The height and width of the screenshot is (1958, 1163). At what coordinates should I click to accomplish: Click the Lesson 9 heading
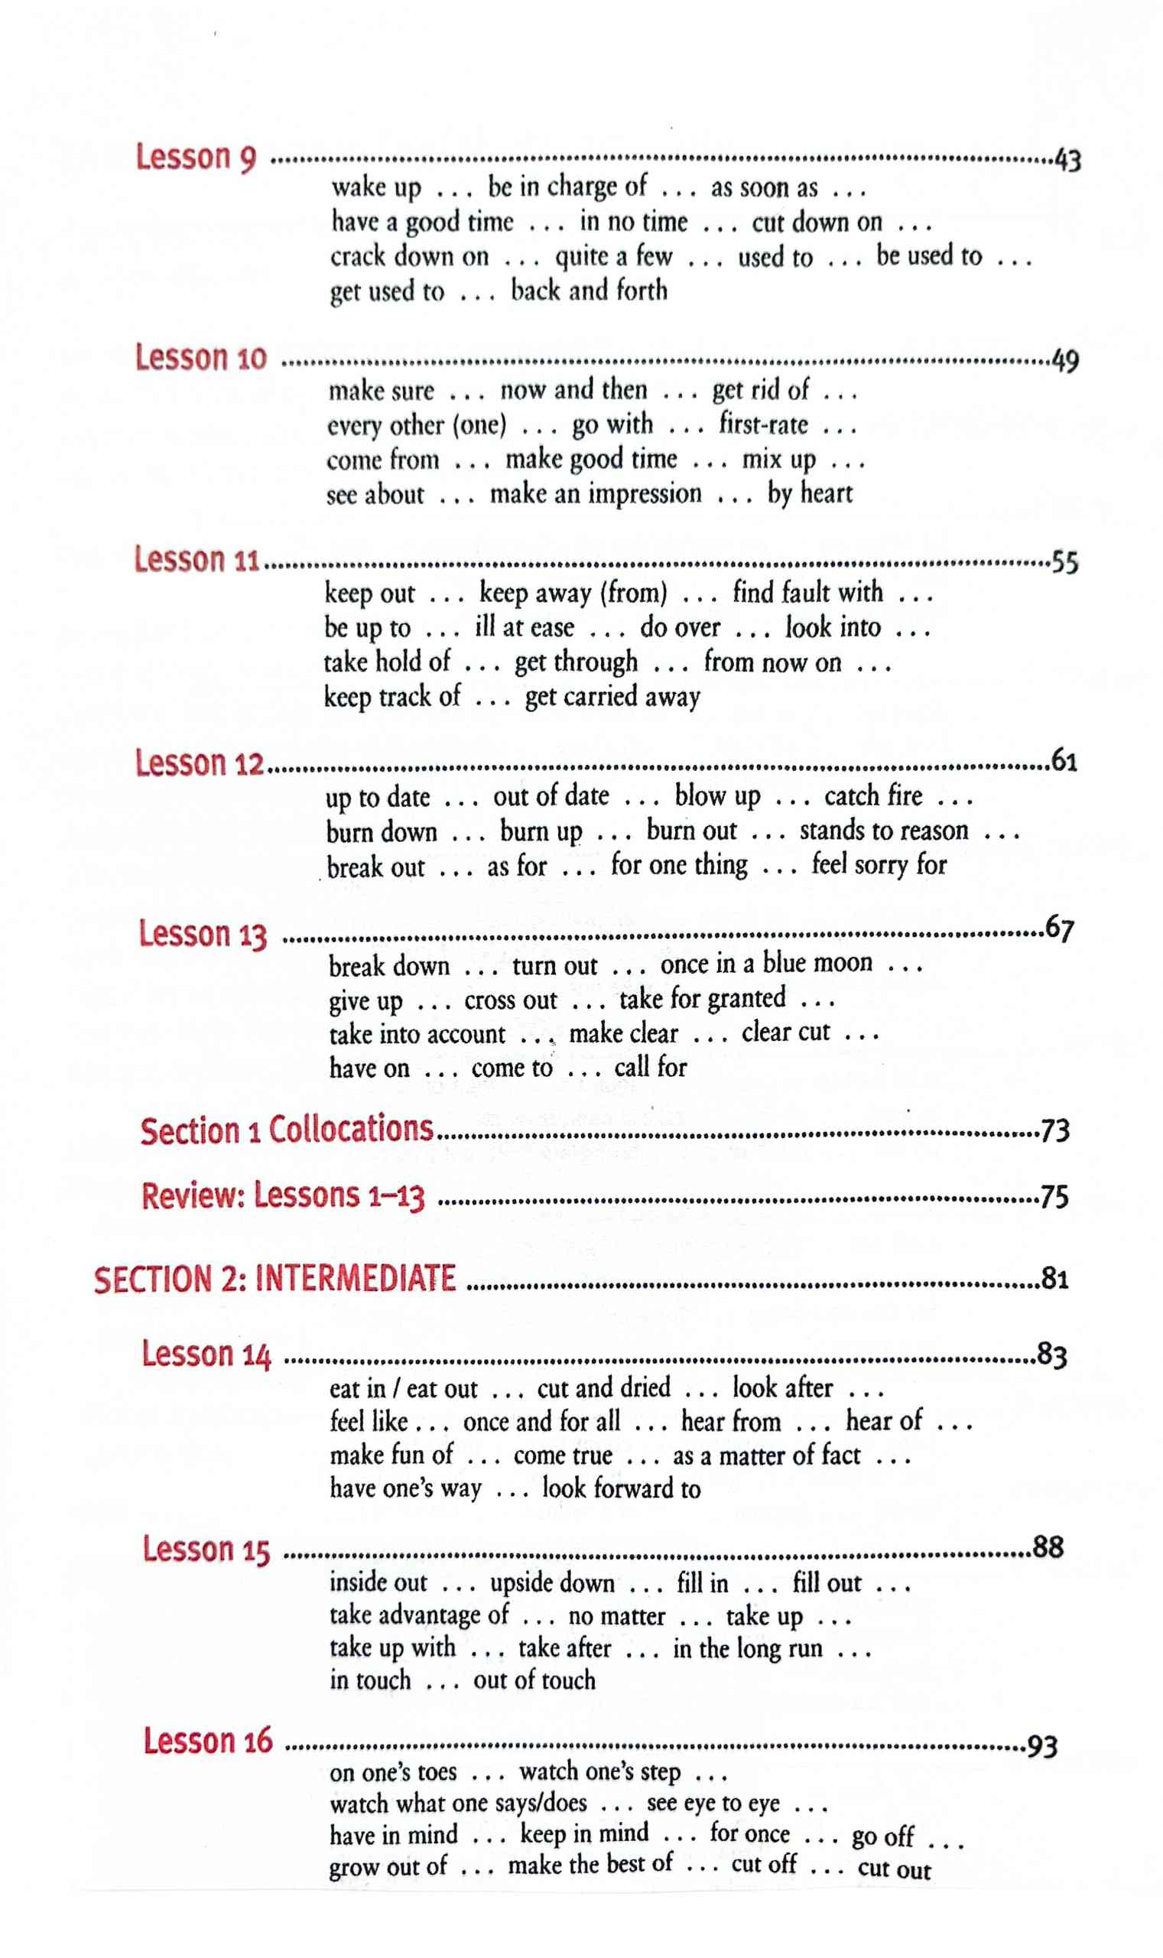[x=196, y=158]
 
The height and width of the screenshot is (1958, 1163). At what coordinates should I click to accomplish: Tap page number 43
[x=1067, y=161]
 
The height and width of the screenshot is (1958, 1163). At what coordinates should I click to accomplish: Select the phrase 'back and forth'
[x=589, y=291]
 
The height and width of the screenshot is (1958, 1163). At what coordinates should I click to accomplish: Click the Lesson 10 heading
[x=200, y=358]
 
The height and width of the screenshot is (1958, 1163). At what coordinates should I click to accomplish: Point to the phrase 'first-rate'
[x=763, y=424]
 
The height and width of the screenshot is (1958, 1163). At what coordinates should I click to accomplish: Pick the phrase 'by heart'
[x=810, y=494]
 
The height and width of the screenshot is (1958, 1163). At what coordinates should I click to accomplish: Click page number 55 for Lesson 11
[x=1064, y=562]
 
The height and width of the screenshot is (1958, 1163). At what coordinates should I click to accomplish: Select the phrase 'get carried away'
[x=612, y=696]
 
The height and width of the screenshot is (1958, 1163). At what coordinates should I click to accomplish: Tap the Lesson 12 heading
[x=199, y=763]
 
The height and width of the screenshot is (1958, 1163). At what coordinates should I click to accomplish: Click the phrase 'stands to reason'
[x=884, y=831]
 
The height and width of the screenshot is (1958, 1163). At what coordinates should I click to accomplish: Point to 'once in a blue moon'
[x=765, y=964]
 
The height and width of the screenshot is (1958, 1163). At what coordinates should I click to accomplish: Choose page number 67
[x=1060, y=928]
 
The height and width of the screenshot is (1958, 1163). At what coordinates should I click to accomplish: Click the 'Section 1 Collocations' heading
[x=287, y=1130]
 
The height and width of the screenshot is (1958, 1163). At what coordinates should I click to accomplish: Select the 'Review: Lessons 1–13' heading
[x=283, y=1196]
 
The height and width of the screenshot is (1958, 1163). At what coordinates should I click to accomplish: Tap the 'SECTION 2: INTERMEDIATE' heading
[x=275, y=1278]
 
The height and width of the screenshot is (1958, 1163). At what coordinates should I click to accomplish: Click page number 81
[x=1055, y=1278]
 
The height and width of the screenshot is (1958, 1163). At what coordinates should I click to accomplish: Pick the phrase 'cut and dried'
[x=603, y=1388]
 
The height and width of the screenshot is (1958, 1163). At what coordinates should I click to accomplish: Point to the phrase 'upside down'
[x=553, y=1582]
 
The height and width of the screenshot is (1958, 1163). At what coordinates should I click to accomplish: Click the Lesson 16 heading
[x=208, y=1741]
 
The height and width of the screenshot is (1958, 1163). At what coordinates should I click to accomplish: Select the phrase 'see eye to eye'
[x=713, y=1803]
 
